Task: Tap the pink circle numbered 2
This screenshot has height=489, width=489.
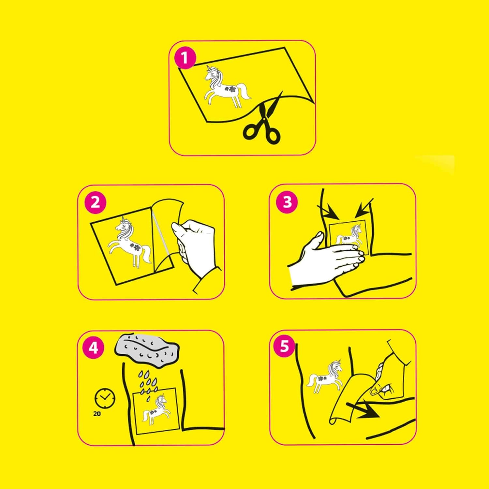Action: [x=95, y=202]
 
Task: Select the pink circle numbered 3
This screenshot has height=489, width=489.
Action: [x=287, y=202]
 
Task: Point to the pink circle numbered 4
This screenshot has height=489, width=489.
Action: [x=94, y=348]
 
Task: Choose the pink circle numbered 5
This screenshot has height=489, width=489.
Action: [x=285, y=346]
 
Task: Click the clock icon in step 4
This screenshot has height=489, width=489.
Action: [x=105, y=398]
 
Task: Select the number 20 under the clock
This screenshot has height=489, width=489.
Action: [x=97, y=414]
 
